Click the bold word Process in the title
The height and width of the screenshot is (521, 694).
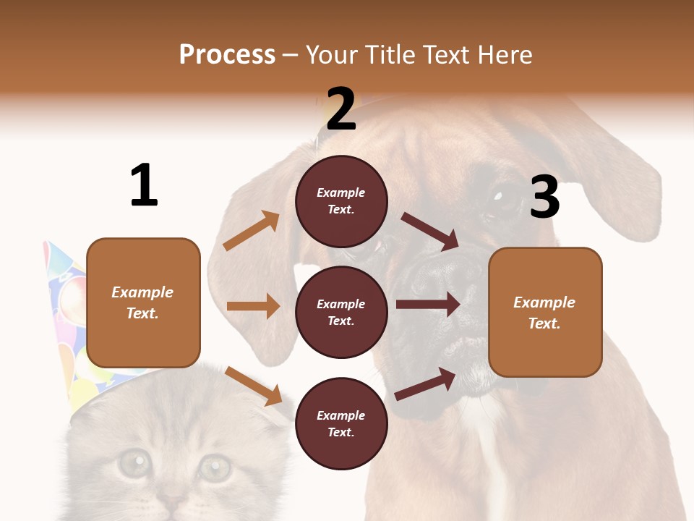pos(227,55)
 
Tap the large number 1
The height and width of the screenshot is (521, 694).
pos(144,186)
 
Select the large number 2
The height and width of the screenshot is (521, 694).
pos(340,109)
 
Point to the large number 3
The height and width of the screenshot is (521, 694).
pos(544,197)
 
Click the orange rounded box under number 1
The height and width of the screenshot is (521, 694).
pos(143,302)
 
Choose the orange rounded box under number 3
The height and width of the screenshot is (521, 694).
pos(545,312)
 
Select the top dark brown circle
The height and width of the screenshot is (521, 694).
pos(341,201)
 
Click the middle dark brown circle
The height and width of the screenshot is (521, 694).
pos(341,312)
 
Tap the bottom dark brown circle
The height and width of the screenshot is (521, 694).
pos(341,423)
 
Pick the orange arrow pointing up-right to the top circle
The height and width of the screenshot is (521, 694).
pos(252,231)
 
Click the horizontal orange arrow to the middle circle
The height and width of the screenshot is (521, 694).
pos(253,306)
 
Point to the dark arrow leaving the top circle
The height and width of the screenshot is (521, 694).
pos(430,232)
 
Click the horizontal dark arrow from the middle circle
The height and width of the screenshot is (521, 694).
pos(428,305)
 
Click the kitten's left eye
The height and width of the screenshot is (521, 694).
pos(134,463)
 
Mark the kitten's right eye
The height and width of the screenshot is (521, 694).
pos(214,467)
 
